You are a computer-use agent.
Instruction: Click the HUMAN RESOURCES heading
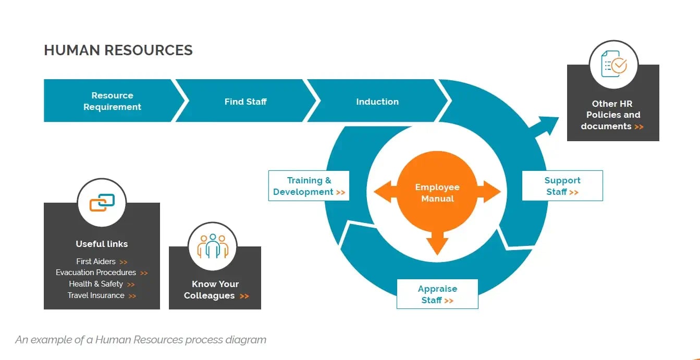coord(118,51)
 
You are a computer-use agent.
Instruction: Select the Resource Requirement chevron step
coord(112,101)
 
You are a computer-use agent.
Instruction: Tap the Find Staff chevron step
coord(245,102)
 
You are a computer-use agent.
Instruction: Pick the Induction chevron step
coord(377,102)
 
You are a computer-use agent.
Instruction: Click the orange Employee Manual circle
coord(437,193)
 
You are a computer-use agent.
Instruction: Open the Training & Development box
coord(309,186)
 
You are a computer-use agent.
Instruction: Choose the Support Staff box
coord(562,186)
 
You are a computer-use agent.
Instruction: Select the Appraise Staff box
coord(437,294)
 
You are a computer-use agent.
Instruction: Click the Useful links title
coord(102,244)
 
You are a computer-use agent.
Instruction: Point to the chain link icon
coord(102,203)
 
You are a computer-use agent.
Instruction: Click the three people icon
coord(213,246)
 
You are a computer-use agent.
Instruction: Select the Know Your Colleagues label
coord(215,290)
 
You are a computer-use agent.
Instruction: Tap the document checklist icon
coord(613,65)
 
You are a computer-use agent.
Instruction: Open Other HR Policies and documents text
coord(612,115)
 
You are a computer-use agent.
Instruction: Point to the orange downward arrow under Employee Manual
coord(437,244)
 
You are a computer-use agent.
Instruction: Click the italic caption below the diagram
coord(141,340)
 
